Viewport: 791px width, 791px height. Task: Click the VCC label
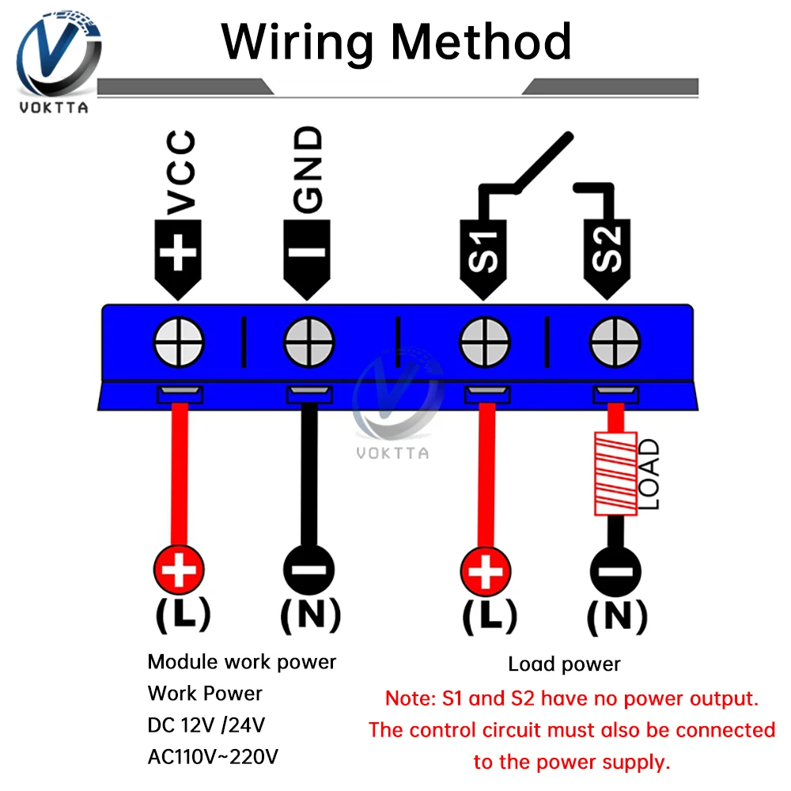coord(182,172)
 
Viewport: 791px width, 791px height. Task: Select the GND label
coord(309,168)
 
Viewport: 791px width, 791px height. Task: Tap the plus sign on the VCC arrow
coord(179,254)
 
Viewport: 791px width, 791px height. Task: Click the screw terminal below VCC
coord(179,344)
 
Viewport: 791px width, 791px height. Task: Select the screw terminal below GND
coord(309,344)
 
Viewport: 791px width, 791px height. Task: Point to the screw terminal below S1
coord(486,344)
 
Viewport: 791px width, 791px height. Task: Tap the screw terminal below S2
coord(615,344)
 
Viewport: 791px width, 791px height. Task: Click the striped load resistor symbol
coord(615,474)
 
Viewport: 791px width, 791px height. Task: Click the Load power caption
coord(564,664)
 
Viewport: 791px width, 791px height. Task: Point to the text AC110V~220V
coord(213,757)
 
